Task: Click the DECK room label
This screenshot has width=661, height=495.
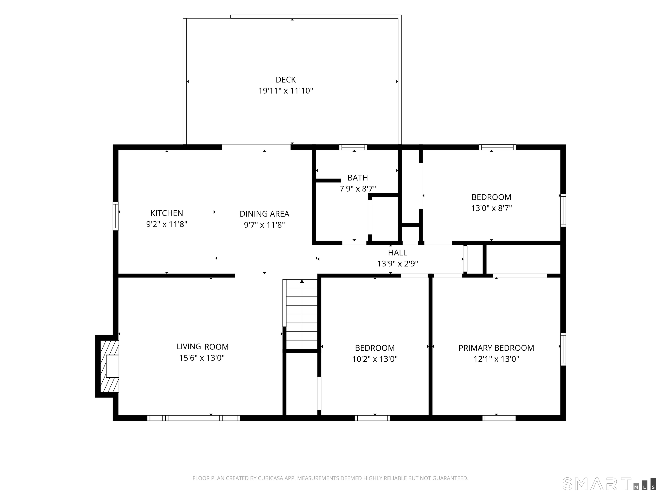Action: click(x=286, y=80)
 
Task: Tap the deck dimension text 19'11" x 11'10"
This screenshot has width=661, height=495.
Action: click(x=286, y=91)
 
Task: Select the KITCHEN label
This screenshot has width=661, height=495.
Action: click(x=167, y=213)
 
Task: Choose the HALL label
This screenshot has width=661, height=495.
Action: click(x=397, y=252)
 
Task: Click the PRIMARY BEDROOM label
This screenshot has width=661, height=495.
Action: click(x=496, y=348)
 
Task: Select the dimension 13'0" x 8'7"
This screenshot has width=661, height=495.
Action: click(x=492, y=208)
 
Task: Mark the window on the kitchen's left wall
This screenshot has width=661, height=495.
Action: click(x=115, y=216)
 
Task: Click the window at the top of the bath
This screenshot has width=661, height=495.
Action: click(x=353, y=147)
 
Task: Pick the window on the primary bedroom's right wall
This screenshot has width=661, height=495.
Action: click(x=563, y=349)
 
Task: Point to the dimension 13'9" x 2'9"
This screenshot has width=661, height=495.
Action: click(x=397, y=264)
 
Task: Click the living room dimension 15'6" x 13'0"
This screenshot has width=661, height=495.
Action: click(x=202, y=358)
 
